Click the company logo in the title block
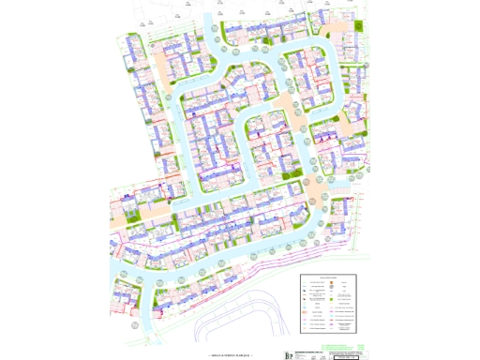click(x=289, y=354)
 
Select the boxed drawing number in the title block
click(x=346, y=357)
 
